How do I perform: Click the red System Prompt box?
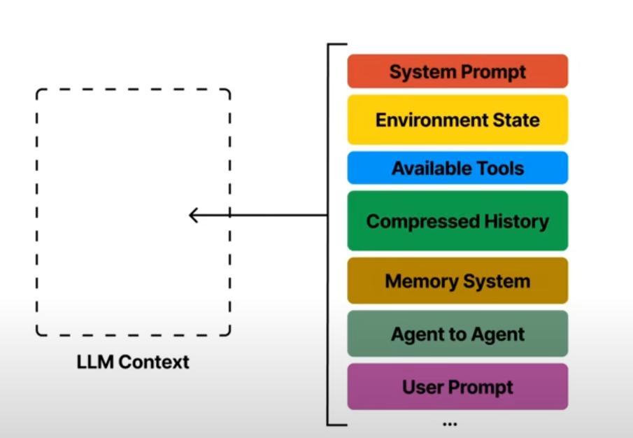(x=458, y=71)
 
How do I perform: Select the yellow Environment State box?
(x=458, y=120)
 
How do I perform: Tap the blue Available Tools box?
(x=458, y=167)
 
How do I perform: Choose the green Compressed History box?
(x=458, y=221)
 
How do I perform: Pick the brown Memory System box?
(x=458, y=281)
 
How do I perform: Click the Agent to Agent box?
(x=458, y=334)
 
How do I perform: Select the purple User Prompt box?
(x=458, y=387)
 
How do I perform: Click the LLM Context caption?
(x=133, y=362)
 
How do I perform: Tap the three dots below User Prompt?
(x=450, y=424)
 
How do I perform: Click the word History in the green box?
(x=516, y=221)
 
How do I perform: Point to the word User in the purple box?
(x=422, y=387)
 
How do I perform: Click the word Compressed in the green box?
(x=423, y=222)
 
